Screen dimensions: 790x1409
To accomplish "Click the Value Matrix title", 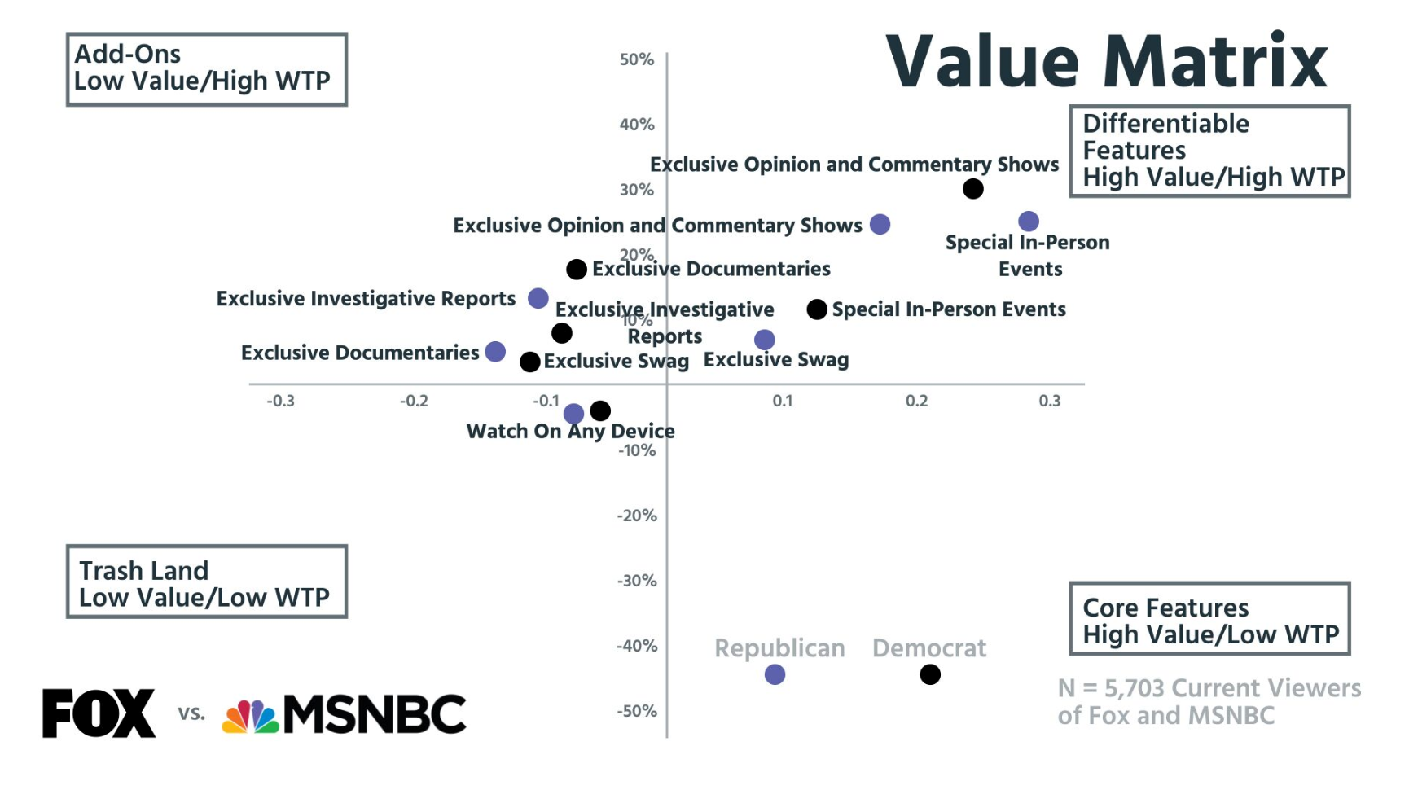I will tap(1107, 62).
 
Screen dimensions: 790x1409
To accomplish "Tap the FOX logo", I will tap(99, 713).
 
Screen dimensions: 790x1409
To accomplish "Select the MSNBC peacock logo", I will tap(251, 716).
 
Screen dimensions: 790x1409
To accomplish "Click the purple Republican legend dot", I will tap(775, 674).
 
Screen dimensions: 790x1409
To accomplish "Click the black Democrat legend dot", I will tap(930, 674).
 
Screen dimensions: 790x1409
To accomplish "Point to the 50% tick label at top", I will tap(637, 59).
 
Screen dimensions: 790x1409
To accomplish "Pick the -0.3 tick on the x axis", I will tap(281, 401).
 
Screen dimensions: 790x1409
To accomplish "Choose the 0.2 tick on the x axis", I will tap(916, 401).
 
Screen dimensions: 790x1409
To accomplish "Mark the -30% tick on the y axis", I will tap(637, 581).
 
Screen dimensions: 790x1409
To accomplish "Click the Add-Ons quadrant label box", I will tap(207, 69).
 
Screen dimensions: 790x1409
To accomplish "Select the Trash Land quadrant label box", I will tap(207, 582).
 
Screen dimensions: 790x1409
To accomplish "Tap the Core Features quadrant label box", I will tap(1209, 619).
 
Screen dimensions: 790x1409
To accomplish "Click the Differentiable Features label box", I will tap(1209, 151).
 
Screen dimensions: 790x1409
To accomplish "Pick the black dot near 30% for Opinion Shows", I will tap(972, 189).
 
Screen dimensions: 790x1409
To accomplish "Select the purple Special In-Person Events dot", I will tap(1029, 222).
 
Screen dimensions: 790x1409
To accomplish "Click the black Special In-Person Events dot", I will tap(817, 309).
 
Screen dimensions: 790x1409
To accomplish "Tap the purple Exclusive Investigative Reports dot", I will tap(538, 298).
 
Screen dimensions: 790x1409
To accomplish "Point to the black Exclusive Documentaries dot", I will tap(577, 270).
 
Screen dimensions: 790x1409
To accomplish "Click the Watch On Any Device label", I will tap(570, 432).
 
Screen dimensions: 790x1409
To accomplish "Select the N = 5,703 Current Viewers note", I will tap(1209, 701).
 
